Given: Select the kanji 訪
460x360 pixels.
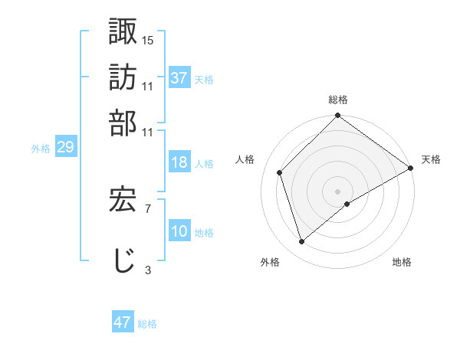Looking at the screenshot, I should pyautogui.click(x=123, y=77).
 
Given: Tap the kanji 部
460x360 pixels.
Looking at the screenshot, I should pyautogui.click(x=123, y=122).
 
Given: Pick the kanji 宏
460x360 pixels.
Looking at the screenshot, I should pyautogui.click(x=123, y=199).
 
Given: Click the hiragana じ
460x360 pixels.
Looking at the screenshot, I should pyautogui.click(x=123, y=260).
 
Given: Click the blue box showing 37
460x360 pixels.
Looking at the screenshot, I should pyautogui.click(x=179, y=77).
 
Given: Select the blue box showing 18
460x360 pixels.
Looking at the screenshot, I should pyautogui.click(x=179, y=162).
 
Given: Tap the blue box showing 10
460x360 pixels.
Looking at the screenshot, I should pyautogui.click(x=179, y=231).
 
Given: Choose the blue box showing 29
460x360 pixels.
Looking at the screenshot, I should pyautogui.click(x=65, y=148).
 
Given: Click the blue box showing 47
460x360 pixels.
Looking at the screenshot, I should pyautogui.click(x=123, y=322).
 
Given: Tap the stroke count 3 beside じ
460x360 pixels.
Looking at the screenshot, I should pyautogui.click(x=147, y=269).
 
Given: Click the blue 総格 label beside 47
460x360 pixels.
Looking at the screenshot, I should pyautogui.click(x=147, y=324).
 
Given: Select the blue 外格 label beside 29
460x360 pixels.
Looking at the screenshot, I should pyautogui.click(x=41, y=149).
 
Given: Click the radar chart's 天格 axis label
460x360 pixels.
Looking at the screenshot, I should pyautogui.click(x=431, y=159).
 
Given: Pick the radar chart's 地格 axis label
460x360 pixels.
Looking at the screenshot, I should pyautogui.click(x=402, y=262).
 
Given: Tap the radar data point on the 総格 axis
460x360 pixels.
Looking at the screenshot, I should pyautogui.click(x=337, y=116).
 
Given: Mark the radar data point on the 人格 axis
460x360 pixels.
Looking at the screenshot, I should pyautogui.click(x=280, y=172).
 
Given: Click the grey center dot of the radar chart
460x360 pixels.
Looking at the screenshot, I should pyautogui.click(x=337, y=191).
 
